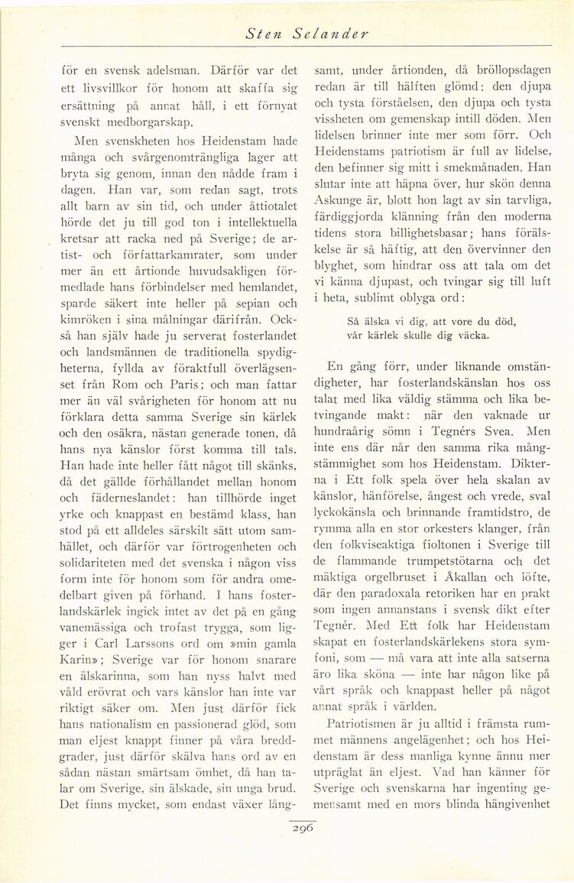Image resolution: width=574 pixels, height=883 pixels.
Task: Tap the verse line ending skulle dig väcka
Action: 417,335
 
